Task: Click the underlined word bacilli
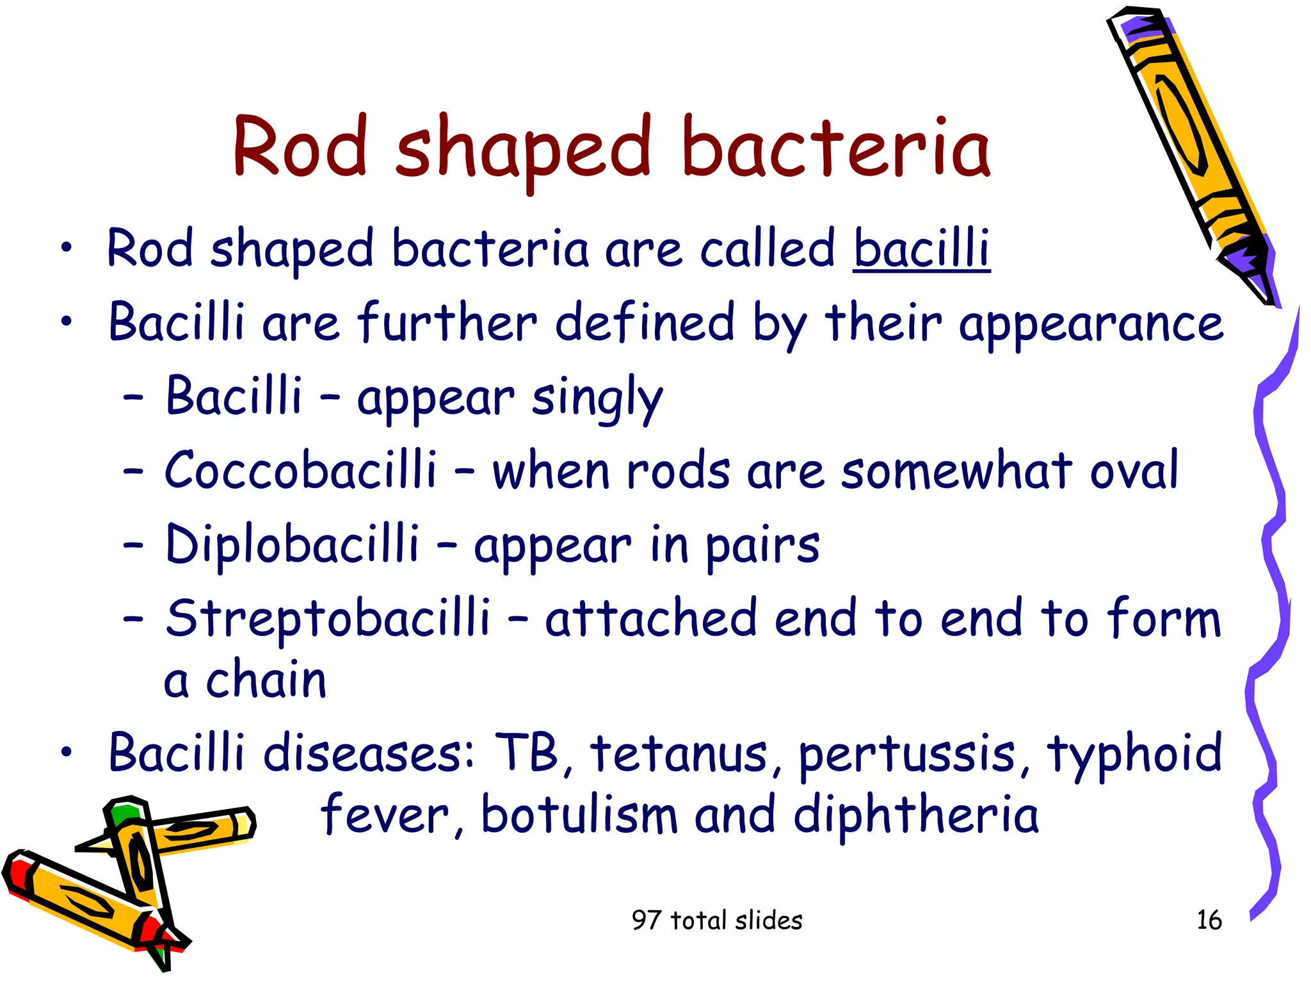pyautogui.click(x=922, y=249)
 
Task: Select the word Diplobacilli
pyautogui.click(x=292, y=544)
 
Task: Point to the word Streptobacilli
pyautogui.click(x=328, y=618)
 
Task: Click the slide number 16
pyautogui.click(x=1209, y=920)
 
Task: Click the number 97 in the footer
pyautogui.click(x=645, y=920)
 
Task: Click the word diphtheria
pyautogui.click(x=915, y=815)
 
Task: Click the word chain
pyautogui.click(x=266, y=680)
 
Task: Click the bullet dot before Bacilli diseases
pyautogui.click(x=67, y=753)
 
